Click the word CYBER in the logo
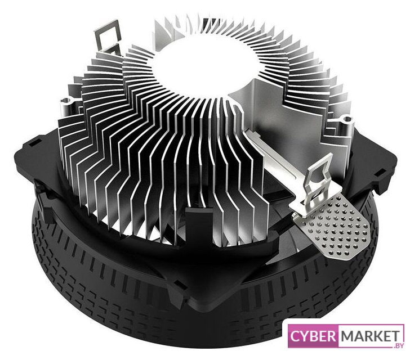point(313,336)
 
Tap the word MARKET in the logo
point(370,336)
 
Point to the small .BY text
point(399,345)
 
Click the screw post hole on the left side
point(66,100)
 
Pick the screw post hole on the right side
point(347,120)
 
